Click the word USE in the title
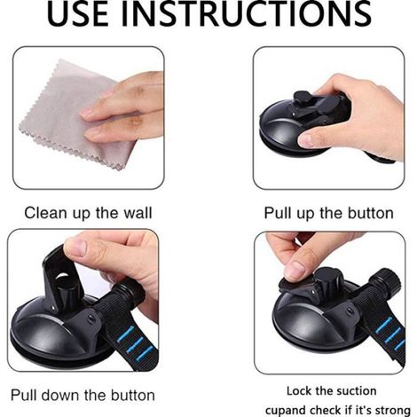coord(78,13)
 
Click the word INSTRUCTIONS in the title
coord(246,13)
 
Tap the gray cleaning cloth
coord(74,115)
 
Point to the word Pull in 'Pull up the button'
coord(278,213)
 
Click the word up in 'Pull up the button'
coord(306,214)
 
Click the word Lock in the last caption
coord(299,391)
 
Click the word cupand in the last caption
coord(286,411)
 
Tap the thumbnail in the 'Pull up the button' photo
coord(305,139)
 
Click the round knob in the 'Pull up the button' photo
coord(302,98)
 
